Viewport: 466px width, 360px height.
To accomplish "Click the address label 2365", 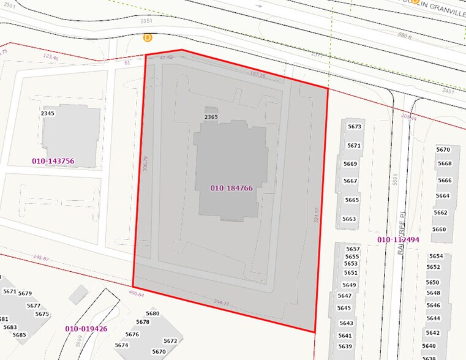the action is (x=211, y=117).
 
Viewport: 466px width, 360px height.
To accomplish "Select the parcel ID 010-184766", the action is (x=231, y=188).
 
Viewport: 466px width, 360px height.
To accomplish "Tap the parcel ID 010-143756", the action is (x=53, y=161).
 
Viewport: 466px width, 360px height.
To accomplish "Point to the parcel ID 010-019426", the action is (x=86, y=329).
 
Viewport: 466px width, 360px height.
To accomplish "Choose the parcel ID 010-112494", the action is (x=398, y=239).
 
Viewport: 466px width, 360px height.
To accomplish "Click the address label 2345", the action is (x=48, y=113).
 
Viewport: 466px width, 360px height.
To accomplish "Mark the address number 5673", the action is (x=355, y=127).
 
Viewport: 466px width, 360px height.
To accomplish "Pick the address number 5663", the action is (x=349, y=219).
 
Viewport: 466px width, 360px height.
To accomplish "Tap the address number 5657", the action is (x=353, y=249).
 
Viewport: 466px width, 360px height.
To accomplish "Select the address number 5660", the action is (x=439, y=230).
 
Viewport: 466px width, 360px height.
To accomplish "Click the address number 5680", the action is (x=152, y=313).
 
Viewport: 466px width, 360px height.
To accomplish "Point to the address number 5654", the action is (x=436, y=256).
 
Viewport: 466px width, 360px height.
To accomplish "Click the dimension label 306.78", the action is (x=145, y=174).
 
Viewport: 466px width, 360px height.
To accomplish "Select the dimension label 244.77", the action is (x=221, y=303).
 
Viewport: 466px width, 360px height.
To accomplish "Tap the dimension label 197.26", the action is (x=258, y=75).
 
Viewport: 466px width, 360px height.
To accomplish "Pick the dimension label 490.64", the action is (x=136, y=294).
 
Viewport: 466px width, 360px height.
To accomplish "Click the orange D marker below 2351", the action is (x=148, y=37).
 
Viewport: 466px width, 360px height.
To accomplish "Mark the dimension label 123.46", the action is (x=51, y=58).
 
